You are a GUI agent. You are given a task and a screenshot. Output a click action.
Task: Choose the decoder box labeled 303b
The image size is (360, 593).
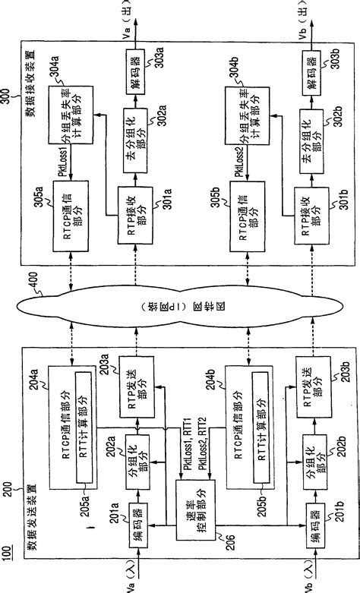311,74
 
